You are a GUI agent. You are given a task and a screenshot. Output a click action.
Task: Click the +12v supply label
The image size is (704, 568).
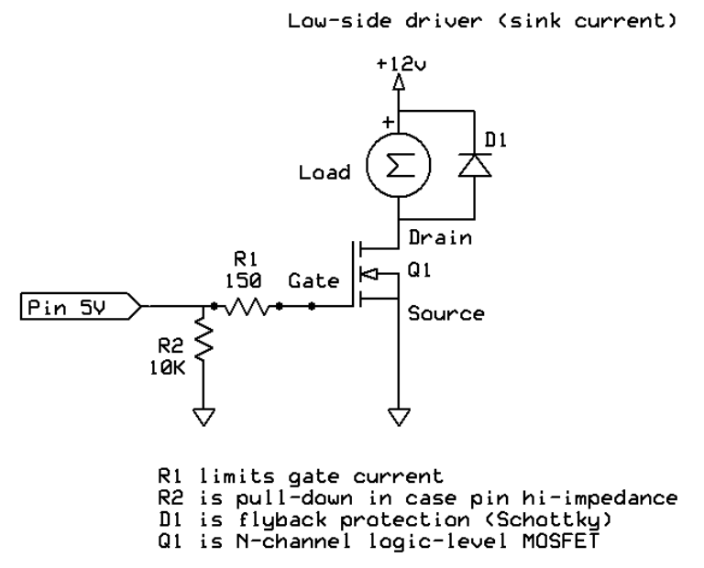398,66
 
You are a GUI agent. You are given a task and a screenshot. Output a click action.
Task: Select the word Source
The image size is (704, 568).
445,313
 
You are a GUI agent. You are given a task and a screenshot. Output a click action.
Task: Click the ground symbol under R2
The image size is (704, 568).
204,418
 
